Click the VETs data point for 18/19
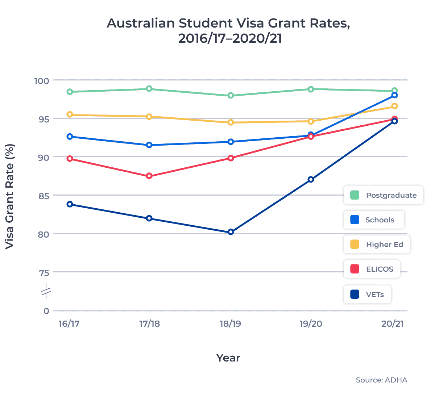tap(231, 232)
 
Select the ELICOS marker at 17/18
tap(149, 176)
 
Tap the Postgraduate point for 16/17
tap(70, 92)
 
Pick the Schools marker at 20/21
tap(394, 95)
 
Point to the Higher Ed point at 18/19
tap(231, 122)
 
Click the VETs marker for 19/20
tap(311, 179)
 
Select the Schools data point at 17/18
tap(149, 145)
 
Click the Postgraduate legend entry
tap(383, 195)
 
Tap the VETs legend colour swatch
tap(355, 294)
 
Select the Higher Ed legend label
tap(384, 245)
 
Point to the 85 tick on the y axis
tap(44, 196)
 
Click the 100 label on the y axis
tap(42, 80)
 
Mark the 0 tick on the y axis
tap(46, 311)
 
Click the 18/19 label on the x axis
tap(230, 323)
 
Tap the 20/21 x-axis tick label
tap(392, 323)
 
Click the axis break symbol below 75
tap(46, 292)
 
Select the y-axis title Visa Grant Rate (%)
tap(10, 196)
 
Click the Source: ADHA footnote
tap(381, 380)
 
